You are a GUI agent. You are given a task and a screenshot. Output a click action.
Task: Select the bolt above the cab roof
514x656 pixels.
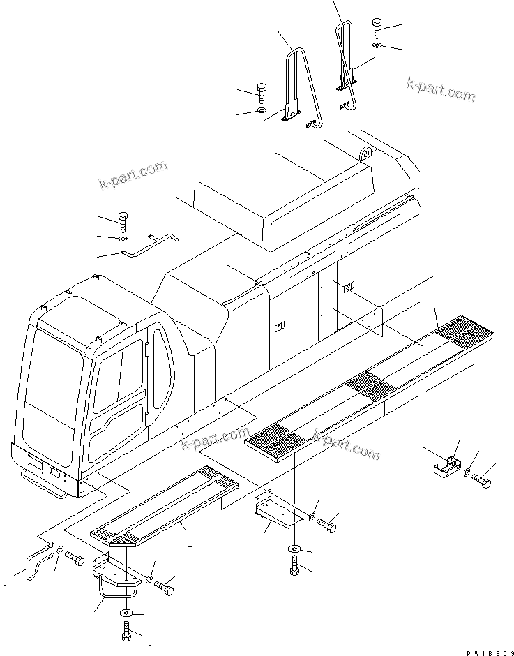[123, 221]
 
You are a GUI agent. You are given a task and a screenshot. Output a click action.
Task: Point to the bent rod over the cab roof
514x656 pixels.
[149, 245]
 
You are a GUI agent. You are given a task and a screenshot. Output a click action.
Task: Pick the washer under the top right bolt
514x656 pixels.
[377, 46]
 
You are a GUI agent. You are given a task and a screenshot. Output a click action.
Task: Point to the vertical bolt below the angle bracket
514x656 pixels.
[294, 564]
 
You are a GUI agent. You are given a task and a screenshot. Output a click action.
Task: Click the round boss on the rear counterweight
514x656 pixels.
[365, 153]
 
